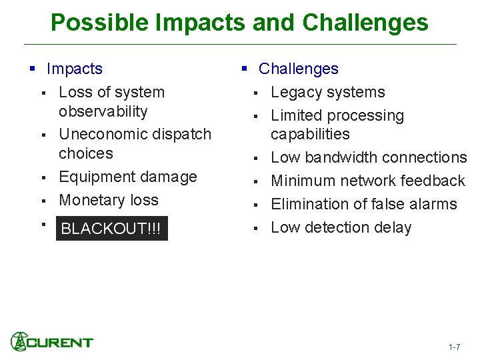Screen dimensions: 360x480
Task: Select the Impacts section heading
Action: tap(74, 69)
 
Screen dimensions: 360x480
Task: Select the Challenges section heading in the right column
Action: tap(298, 69)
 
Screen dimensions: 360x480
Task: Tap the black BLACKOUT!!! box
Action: tap(111, 229)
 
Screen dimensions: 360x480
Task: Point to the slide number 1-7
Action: tap(454, 347)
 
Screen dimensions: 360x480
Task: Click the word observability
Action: tap(103, 111)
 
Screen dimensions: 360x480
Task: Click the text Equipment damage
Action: tap(127, 177)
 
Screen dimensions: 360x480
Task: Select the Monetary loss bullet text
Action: tap(109, 200)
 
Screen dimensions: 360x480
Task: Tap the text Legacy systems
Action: tap(327, 92)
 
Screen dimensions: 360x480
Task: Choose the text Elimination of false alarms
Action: tap(363, 204)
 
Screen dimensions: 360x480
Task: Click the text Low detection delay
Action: tap(341, 227)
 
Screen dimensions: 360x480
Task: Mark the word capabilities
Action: tap(309, 134)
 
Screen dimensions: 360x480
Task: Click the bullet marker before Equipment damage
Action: tap(42, 178)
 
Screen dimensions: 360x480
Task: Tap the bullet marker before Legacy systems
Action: tap(254, 93)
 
